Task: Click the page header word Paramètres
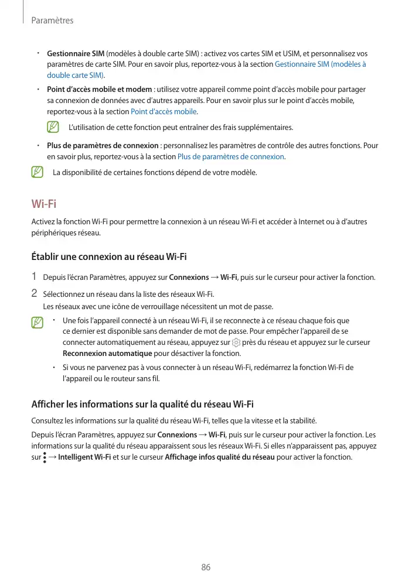click(52, 20)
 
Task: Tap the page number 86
click(206, 567)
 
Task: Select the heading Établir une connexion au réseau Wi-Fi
click(108, 256)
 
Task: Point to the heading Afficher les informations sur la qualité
click(142, 404)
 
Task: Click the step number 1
click(34, 277)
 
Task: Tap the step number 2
click(34, 293)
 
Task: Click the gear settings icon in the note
click(236, 343)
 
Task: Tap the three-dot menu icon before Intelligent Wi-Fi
click(45, 457)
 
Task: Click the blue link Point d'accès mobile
click(164, 112)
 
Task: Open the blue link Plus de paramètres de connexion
click(231, 157)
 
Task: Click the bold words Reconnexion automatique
click(107, 354)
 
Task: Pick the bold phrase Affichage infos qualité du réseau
click(220, 457)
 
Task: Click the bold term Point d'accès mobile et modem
click(99, 90)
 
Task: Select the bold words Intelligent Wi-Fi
click(84, 457)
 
